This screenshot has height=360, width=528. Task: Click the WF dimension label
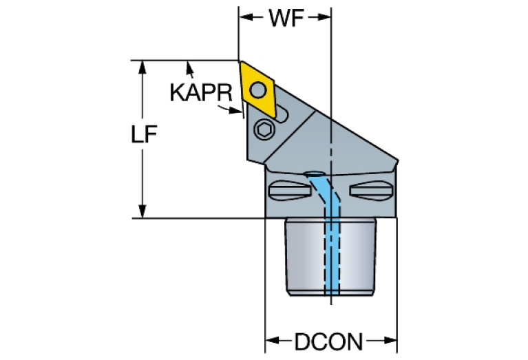point(286,19)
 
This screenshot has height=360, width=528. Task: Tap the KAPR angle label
point(200,92)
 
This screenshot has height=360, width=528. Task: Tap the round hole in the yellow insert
point(258,89)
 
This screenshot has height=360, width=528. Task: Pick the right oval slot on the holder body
point(371,189)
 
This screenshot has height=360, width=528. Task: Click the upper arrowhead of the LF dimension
point(143,66)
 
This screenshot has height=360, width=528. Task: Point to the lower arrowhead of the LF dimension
point(143,213)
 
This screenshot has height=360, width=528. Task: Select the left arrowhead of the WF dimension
point(244,19)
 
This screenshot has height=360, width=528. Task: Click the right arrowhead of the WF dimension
point(326,19)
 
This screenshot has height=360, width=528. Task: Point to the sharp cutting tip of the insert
point(240,63)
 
